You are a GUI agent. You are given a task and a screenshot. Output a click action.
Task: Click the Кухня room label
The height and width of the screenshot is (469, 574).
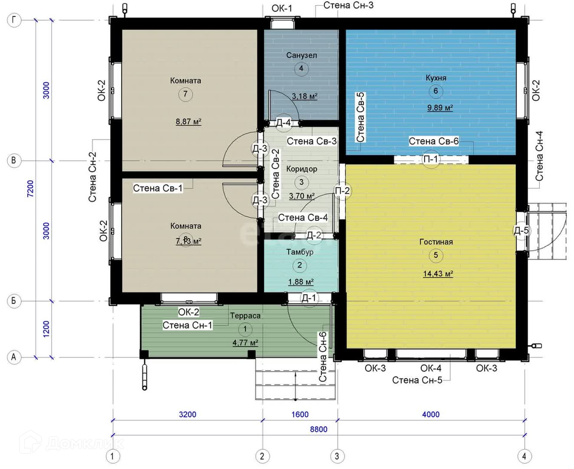coord(436,78)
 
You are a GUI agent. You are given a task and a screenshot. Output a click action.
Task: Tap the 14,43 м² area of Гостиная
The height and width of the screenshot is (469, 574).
coord(438,274)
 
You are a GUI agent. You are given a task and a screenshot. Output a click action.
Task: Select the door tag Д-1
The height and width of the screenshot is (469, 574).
coord(309,298)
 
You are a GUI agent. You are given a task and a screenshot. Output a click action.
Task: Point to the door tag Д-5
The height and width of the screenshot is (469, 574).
coord(521,230)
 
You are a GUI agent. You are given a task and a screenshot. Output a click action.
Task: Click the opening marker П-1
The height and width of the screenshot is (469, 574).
coord(431,159)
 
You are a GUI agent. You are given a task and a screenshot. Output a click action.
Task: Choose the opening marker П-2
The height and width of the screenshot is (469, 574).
coord(342,191)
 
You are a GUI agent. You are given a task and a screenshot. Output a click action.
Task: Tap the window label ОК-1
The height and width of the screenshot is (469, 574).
coord(282,8)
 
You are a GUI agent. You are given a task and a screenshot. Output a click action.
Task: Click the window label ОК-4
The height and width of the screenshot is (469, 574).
coord(431,368)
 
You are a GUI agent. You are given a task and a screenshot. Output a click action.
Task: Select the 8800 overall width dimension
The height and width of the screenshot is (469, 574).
coord(318,429)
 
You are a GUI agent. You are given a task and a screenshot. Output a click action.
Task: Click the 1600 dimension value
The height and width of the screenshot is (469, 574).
coord(300,414)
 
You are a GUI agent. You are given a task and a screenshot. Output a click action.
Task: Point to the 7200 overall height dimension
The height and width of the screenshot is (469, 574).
coord(30,189)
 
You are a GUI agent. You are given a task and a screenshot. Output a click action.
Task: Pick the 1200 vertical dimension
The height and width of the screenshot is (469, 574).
coord(46,329)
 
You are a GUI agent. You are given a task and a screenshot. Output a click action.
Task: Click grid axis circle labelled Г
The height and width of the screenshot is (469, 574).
coord(14,20)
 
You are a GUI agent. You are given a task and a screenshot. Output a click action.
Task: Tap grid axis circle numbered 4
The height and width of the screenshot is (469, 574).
coord(524,456)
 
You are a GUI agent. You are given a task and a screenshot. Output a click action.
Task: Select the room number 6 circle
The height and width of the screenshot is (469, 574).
coord(436,91)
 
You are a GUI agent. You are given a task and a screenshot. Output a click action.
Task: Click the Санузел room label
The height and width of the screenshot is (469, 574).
coord(301,55)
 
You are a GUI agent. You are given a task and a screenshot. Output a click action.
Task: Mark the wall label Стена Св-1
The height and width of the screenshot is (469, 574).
coord(158,188)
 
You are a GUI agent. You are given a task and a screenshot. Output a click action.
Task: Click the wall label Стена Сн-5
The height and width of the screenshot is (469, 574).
coord(417,380)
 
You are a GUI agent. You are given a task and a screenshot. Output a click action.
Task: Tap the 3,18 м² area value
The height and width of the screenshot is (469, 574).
coord(304,96)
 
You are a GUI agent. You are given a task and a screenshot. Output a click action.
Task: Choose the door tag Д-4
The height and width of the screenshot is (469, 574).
coord(283,122)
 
